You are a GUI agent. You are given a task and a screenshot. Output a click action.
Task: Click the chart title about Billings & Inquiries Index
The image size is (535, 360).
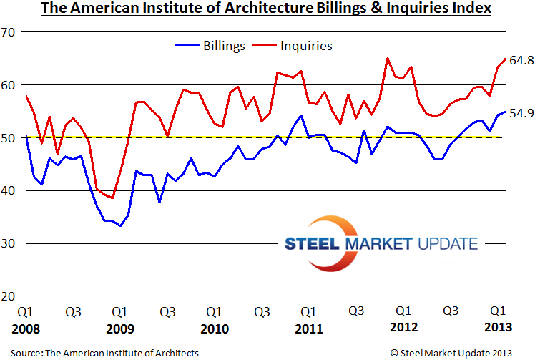[266, 9]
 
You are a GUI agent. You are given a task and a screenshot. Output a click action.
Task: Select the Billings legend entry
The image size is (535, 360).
[212, 46]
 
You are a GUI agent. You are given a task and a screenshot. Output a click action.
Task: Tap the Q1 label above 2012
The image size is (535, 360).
[403, 312]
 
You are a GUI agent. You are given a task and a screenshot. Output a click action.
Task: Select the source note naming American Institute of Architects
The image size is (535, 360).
[104, 353]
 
